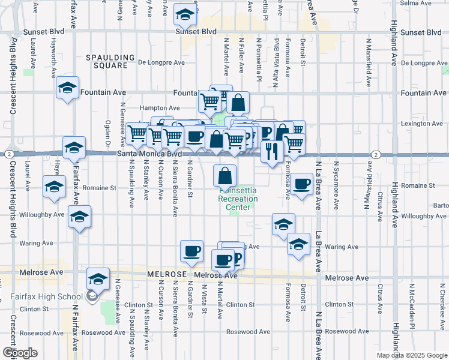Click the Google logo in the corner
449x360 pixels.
(x=20, y=353)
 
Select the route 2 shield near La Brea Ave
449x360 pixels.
(x=375, y=154)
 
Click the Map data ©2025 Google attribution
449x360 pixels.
(x=411, y=355)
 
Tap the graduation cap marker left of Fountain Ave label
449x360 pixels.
(x=68, y=88)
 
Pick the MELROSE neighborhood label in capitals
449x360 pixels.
(x=166, y=274)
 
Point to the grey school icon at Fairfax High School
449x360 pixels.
(x=92, y=296)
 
